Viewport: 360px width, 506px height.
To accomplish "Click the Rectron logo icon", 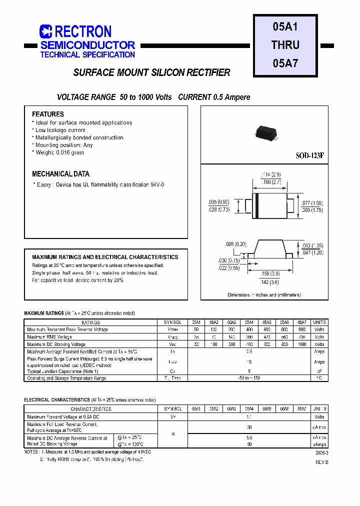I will (45, 31).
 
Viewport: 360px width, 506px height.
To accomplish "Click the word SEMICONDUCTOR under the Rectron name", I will (87, 45).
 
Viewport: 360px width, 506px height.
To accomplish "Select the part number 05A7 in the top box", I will (285, 63).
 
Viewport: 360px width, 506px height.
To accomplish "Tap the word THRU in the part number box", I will (285, 44).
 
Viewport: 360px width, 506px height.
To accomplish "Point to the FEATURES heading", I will (48, 114).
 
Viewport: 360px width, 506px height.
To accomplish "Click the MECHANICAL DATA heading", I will (60, 174).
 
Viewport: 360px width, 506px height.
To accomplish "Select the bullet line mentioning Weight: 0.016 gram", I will (59, 152).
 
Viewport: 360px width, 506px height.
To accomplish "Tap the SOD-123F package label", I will (310, 155).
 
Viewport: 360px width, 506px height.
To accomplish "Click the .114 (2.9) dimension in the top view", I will (271, 174).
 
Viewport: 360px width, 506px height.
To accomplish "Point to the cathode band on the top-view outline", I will (256, 205).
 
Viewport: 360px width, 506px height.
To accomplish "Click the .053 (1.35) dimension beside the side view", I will (313, 245).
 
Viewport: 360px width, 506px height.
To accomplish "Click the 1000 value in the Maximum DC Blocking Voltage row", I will (301, 344).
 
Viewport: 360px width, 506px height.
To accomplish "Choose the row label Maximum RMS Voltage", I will (50, 337).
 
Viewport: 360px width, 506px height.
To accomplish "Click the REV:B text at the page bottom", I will (321, 462).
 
